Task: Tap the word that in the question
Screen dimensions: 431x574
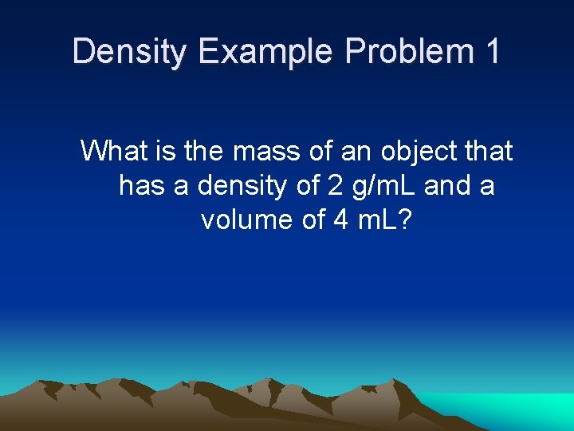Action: [487, 150]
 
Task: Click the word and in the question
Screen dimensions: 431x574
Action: [448, 185]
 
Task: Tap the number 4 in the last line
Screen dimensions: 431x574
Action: [340, 219]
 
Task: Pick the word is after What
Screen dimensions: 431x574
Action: [165, 150]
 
